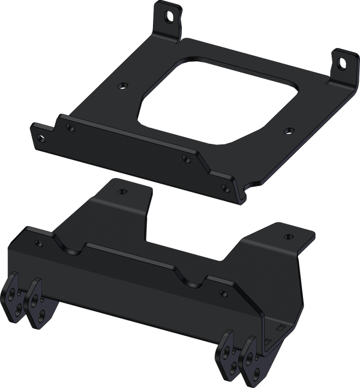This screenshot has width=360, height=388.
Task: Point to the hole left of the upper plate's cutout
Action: tap(124, 86)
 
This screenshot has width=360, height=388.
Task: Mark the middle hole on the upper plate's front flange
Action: tap(185, 159)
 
